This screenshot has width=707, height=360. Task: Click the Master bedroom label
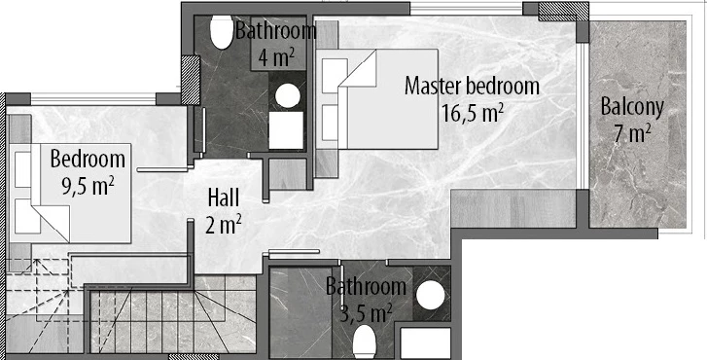pyautogui.click(x=472, y=86)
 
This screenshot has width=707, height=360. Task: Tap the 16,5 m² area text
pyautogui.click(x=472, y=113)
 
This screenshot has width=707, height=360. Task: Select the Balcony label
pyautogui.click(x=632, y=107)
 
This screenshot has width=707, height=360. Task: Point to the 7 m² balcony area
pyautogui.click(x=632, y=134)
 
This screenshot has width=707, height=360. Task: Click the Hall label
pyautogui.click(x=224, y=198)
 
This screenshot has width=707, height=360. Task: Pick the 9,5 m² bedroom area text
pyautogui.click(x=88, y=186)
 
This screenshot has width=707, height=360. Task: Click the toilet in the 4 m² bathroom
pyautogui.click(x=222, y=32)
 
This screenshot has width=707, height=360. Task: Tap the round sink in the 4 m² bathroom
pyautogui.click(x=288, y=95)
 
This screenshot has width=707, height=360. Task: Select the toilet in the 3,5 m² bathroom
pyautogui.click(x=365, y=342)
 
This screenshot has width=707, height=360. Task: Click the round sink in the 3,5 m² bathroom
pyautogui.click(x=430, y=297)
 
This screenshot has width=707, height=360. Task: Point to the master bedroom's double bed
pyautogui.click(x=377, y=99)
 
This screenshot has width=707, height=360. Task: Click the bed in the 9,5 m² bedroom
pyautogui.click(x=71, y=194)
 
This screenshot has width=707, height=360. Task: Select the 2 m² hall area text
pyautogui.click(x=224, y=225)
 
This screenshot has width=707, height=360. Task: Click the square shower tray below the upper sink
pyautogui.click(x=286, y=130)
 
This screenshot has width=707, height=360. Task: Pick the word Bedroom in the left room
pyautogui.click(x=88, y=160)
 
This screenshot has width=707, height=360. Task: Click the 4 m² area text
pyautogui.click(x=275, y=57)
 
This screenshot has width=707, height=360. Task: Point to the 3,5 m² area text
pyautogui.click(x=366, y=313)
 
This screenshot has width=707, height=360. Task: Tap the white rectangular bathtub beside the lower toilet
pyautogui.click(x=425, y=343)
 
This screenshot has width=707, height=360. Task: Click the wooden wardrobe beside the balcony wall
pyautogui.click(x=513, y=208)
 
